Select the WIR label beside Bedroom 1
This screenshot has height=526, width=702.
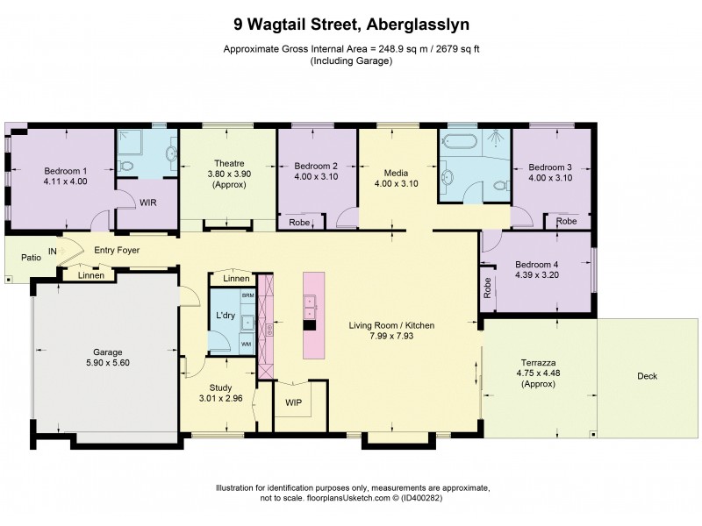[147, 202]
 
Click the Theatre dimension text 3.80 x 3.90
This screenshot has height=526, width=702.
[229, 174]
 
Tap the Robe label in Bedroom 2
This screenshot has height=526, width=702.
[298, 223]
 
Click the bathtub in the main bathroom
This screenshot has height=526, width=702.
[459, 140]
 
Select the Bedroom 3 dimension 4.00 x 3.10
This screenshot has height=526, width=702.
[550, 177]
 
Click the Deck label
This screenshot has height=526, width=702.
[648, 376]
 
